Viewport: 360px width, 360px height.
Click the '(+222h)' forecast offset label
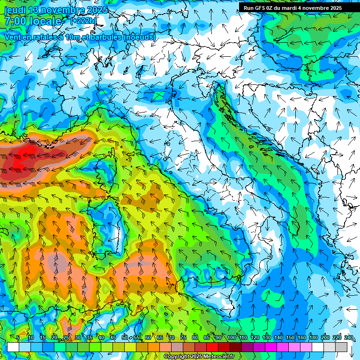click(x=83, y=21)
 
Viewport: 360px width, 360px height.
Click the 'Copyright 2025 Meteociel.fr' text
click(x=199, y=357)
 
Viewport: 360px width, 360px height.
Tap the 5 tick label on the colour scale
click(x=18, y=337)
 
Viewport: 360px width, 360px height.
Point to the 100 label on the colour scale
click(x=232, y=337)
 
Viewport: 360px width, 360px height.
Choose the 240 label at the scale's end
click(x=348, y=337)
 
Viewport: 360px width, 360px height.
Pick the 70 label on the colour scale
click(x=172, y=337)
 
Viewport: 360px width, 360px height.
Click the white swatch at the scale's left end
click(x=13, y=347)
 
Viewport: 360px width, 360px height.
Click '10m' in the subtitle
click(x=70, y=37)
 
